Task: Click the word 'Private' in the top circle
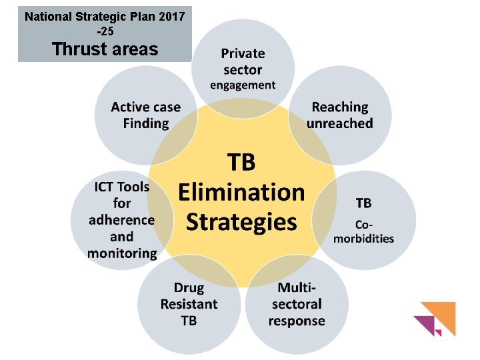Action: point(243,53)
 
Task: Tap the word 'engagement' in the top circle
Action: point(243,85)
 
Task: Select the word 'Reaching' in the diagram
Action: point(340,107)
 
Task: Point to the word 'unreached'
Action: point(340,123)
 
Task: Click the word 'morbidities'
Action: point(364,239)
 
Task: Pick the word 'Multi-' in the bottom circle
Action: point(297,288)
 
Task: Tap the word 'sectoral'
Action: point(297,304)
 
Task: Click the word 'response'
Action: point(297,321)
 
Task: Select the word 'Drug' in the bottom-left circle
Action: point(189,288)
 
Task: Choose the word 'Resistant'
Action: point(189,304)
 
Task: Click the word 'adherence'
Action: point(121,220)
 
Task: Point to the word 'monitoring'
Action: point(122,253)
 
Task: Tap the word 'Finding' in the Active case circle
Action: point(146,123)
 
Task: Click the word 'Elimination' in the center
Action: point(241,193)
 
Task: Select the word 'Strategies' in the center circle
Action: point(241,221)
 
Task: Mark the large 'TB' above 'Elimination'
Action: point(241,163)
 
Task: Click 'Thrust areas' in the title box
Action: point(105,49)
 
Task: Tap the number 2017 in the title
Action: point(170,15)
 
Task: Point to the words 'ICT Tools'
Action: point(122,187)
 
